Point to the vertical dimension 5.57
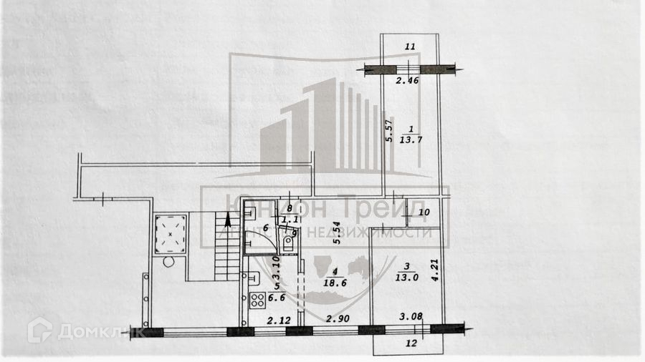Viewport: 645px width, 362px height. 390,131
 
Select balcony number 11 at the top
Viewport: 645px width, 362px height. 410,47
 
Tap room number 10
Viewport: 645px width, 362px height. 424,212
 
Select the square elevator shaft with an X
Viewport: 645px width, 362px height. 170,234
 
